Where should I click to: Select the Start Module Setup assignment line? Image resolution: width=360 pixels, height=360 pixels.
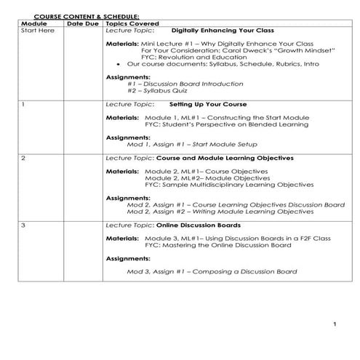pyautogui.click(x=177, y=144)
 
